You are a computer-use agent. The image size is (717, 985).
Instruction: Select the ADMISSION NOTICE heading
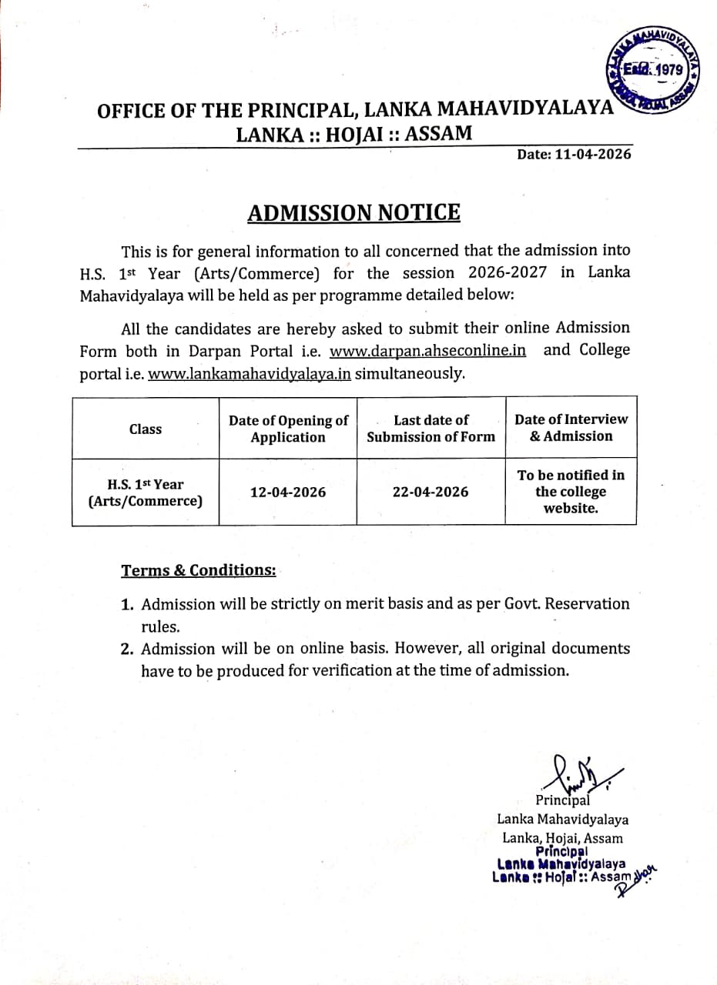[353, 212]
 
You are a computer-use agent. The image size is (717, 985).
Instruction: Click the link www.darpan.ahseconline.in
[427, 351]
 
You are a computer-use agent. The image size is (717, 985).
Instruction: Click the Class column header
[146, 429]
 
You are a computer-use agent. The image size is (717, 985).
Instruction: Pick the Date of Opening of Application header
[288, 429]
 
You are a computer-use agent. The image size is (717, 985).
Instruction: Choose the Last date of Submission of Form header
[431, 429]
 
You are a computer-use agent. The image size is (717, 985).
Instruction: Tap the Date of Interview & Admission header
[571, 428]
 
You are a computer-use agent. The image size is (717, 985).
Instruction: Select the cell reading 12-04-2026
[288, 492]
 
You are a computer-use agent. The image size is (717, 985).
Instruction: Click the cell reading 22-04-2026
[431, 492]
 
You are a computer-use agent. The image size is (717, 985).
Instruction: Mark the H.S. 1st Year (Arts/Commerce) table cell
[146, 492]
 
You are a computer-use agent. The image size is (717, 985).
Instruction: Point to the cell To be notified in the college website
[571, 492]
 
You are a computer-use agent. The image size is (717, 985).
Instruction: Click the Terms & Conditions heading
[198, 570]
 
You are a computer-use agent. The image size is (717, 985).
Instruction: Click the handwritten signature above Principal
[580, 771]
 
